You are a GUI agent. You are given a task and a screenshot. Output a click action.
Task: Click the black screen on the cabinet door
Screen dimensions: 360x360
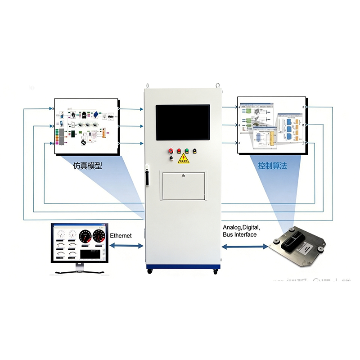(x=183, y=121)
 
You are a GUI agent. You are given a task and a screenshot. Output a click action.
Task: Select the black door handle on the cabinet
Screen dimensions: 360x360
(x=146, y=176)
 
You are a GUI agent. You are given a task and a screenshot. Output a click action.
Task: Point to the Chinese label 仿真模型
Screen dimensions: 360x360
(x=87, y=166)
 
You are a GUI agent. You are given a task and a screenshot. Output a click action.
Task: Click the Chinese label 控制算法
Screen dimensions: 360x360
(x=272, y=166)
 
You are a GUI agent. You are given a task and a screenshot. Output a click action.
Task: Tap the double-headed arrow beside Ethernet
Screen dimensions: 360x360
(x=126, y=246)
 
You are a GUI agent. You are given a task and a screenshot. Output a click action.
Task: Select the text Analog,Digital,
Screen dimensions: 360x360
(x=241, y=228)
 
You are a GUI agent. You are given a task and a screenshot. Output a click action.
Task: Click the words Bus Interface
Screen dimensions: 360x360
(x=240, y=234)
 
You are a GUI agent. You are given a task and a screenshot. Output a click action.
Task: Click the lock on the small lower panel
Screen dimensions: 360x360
(x=184, y=176)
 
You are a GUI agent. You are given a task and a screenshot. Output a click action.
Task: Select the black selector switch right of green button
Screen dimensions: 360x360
(x=194, y=151)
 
